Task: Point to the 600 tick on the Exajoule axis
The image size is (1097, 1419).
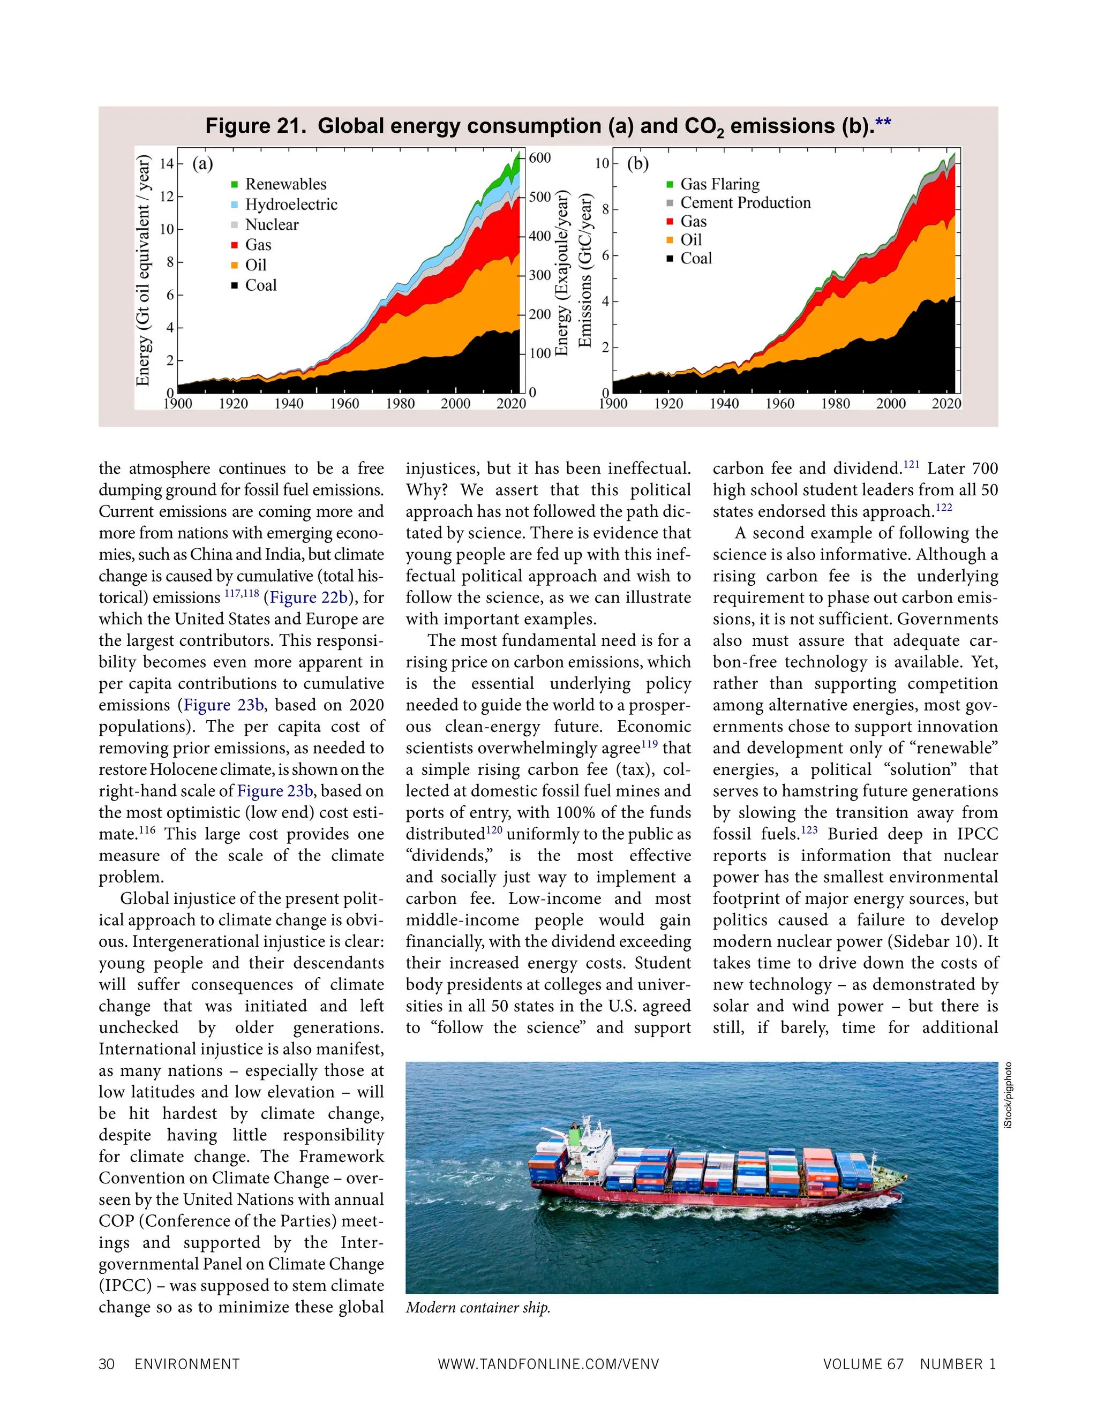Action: (x=539, y=158)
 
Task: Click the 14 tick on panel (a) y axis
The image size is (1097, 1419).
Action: (x=167, y=163)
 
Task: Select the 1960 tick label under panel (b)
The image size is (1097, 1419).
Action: (x=779, y=404)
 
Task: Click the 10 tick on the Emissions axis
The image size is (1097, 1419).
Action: (x=602, y=163)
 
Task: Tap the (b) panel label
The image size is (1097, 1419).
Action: (x=637, y=164)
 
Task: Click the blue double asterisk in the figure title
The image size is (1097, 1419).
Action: (x=883, y=124)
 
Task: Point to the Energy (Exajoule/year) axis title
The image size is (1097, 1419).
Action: (x=562, y=273)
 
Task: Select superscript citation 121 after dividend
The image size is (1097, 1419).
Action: (x=911, y=464)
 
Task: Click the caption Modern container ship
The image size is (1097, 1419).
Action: (x=478, y=1307)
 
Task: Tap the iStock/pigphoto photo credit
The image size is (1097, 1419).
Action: (x=1008, y=1096)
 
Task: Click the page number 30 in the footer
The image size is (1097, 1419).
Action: (x=107, y=1364)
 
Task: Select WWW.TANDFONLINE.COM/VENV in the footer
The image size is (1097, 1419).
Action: (x=548, y=1364)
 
